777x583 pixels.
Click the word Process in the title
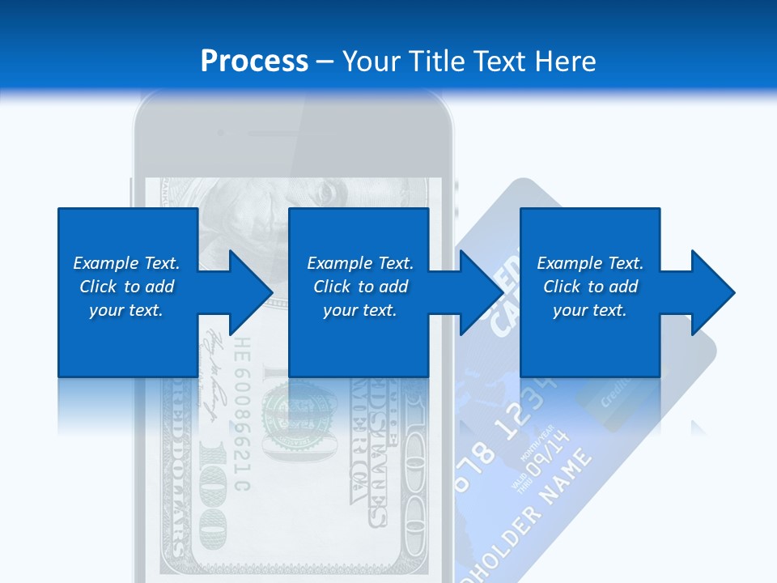(x=254, y=61)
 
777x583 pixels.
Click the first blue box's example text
(x=126, y=287)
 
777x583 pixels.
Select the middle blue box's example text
(x=360, y=287)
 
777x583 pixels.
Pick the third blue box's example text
(x=590, y=287)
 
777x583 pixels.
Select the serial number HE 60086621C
(x=241, y=417)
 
